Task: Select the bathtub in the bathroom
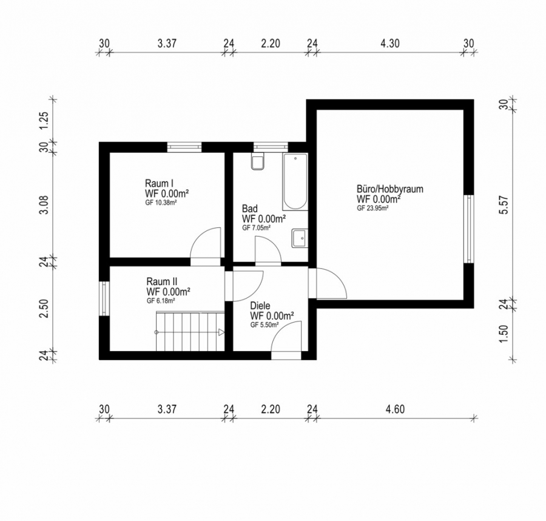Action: [295, 181]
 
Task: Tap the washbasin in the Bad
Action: [299, 238]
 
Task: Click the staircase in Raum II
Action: [189, 331]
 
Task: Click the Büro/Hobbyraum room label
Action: [389, 189]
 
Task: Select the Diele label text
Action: [261, 307]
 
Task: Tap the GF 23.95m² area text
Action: [372, 208]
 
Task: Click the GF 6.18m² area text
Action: [161, 301]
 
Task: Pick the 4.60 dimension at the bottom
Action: [394, 409]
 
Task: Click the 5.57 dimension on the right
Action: [502, 205]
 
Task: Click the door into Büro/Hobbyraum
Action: [328, 284]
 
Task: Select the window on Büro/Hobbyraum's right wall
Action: [468, 229]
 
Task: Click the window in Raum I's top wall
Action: [184, 146]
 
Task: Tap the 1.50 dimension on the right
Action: [502, 334]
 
